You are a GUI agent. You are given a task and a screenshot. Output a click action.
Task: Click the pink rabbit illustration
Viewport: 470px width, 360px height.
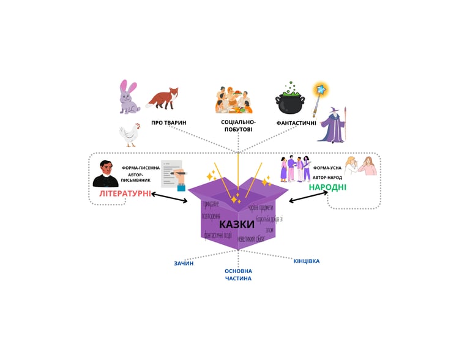click(x=130, y=97)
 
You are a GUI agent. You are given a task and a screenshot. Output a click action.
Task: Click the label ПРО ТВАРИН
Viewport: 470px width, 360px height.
click(x=169, y=123)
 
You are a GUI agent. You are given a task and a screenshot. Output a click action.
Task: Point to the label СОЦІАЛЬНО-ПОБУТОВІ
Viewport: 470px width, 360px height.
click(x=238, y=126)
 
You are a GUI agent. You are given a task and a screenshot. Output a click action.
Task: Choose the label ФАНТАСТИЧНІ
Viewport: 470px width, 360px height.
click(x=296, y=123)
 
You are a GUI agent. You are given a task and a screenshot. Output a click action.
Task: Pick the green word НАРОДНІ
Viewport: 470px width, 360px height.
click(x=327, y=187)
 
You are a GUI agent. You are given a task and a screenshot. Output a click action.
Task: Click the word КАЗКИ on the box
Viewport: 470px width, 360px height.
click(x=236, y=224)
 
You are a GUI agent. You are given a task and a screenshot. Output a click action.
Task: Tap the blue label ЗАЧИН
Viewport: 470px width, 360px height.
click(x=184, y=263)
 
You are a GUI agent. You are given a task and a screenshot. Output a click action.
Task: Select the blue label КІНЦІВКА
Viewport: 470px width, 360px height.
click(x=306, y=261)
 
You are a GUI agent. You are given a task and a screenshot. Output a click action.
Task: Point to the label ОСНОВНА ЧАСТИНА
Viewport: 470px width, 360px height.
click(x=238, y=274)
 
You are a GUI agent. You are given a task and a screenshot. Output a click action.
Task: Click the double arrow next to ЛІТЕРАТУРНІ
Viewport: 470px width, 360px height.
click(x=169, y=198)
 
